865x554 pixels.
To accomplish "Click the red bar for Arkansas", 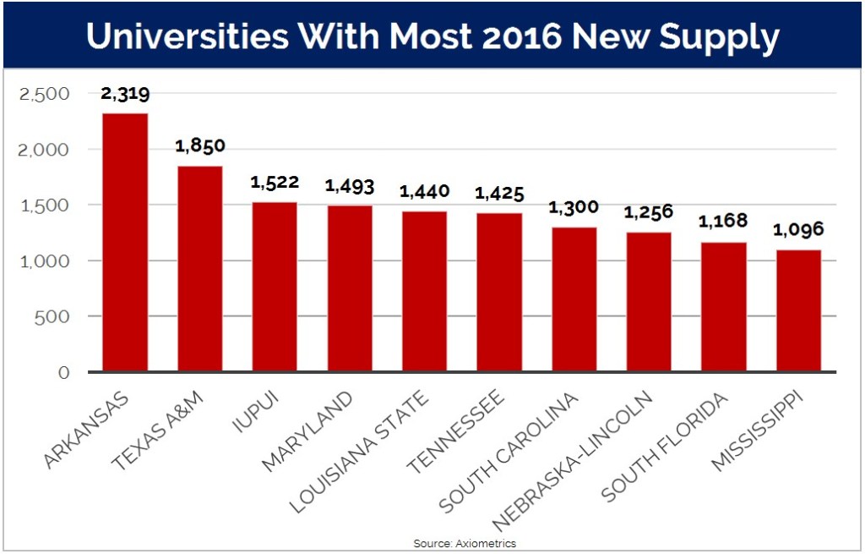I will pyautogui.click(x=125, y=242).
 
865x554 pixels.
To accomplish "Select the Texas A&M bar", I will pyautogui.click(x=199, y=268).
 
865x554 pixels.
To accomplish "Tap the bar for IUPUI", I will pyautogui.click(x=275, y=287).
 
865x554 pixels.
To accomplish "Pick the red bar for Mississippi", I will pyautogui.click(x=798, y=310).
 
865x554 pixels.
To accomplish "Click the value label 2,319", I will pyautogui.click(x=125, y=95).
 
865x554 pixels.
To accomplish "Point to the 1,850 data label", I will pyautogui.click(x=199, y=146).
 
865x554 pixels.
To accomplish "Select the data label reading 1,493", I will pyautogui.click(x=350, y=187).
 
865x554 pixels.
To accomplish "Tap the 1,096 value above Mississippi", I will pyautogui.click(x=798, y=230).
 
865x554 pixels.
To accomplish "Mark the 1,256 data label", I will pyautogui.click(x=648, y=212).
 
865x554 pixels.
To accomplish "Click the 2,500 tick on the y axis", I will pyautogui.click(x=44, y=94).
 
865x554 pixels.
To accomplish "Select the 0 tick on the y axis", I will pyautogui.click(x=63, y=372).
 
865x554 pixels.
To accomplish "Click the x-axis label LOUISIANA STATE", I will pyautogui.click(x=360, y=452).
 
